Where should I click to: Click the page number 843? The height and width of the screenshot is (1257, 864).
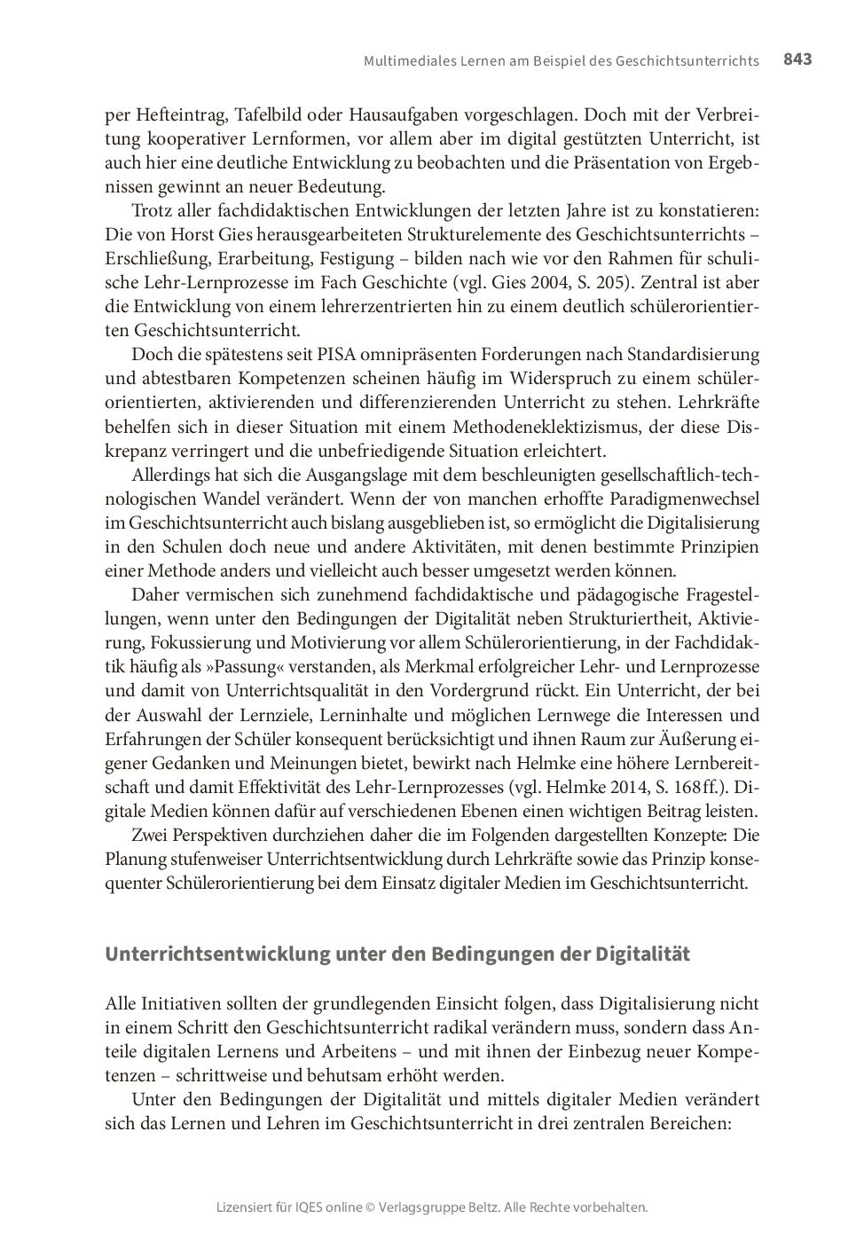click(797, 59)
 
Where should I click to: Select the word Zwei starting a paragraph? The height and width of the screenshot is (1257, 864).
click(150, 835)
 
